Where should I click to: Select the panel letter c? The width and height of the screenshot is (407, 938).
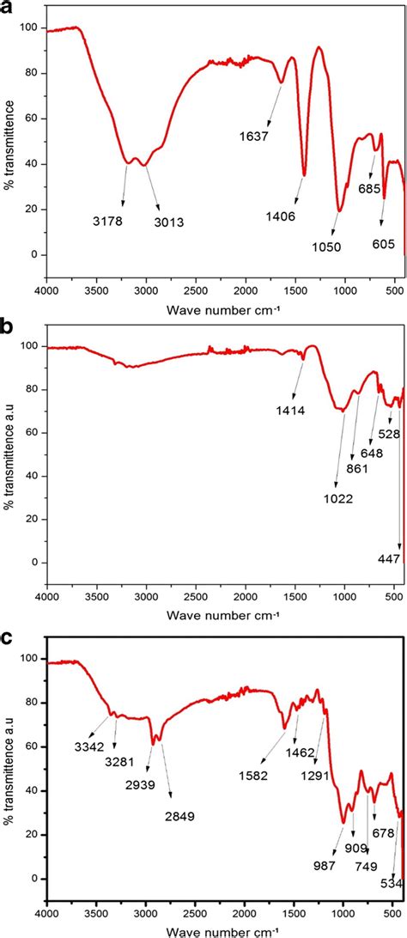click(x=7, y=640)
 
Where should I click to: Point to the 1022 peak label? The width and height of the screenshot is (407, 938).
click(x=336, y=496)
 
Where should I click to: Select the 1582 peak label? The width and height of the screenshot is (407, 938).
click(x=252, y=775)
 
